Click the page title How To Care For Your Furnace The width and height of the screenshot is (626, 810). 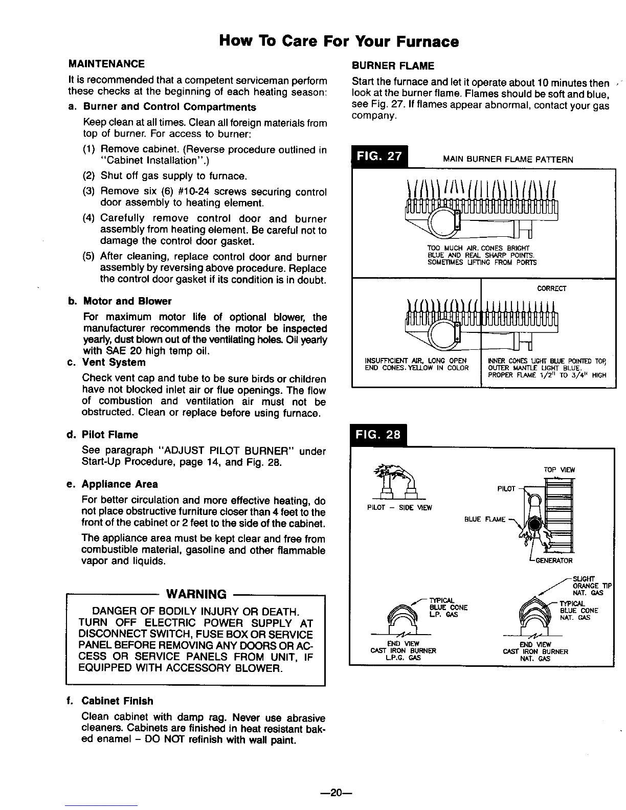[338, 41]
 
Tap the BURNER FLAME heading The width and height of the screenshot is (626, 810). [393, 65]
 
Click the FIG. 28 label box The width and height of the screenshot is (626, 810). [378, 436]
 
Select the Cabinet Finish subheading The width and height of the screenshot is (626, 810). [117, 701]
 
